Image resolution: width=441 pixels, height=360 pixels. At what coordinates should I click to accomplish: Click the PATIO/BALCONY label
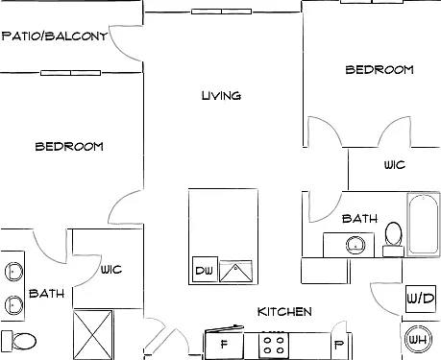coord(55,36)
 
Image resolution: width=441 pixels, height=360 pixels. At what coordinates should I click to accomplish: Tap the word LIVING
coord(221,96)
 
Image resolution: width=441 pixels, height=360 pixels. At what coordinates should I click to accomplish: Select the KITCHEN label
coord(284,312)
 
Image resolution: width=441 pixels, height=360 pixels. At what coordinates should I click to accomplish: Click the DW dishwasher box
coord(205,270)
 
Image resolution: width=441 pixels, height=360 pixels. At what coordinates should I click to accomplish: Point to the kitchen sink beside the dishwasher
coord(235,271)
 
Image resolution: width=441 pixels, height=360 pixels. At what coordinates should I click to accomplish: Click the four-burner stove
coord(274,345)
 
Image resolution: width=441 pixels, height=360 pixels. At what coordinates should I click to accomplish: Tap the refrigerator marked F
coord(224,344)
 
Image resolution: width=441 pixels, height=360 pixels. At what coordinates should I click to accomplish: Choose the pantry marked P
coord(339,345)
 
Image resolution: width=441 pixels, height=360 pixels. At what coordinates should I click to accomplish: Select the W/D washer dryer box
coord(421,299)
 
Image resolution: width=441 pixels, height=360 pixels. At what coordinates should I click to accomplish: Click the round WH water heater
coord(418,339)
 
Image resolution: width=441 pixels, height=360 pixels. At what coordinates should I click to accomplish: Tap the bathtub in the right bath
coord(423,225)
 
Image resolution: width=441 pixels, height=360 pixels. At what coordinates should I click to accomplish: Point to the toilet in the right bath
coord(394,238)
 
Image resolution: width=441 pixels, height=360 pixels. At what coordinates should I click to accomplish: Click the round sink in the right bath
coord(355,245)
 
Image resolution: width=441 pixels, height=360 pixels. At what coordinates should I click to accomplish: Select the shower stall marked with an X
coord(93,334)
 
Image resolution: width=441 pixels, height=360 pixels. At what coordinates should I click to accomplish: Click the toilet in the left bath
coord(18,342)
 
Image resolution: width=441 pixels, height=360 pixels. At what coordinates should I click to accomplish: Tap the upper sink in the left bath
coord(13,272)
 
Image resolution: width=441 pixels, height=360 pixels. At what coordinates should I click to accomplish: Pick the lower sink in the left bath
coord(13,305)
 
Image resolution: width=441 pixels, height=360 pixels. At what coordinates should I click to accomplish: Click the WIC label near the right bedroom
coord(395,165)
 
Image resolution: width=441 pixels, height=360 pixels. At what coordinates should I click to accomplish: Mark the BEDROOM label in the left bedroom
coord(69,147)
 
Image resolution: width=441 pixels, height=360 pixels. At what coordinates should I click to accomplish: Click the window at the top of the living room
coord(221,12)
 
